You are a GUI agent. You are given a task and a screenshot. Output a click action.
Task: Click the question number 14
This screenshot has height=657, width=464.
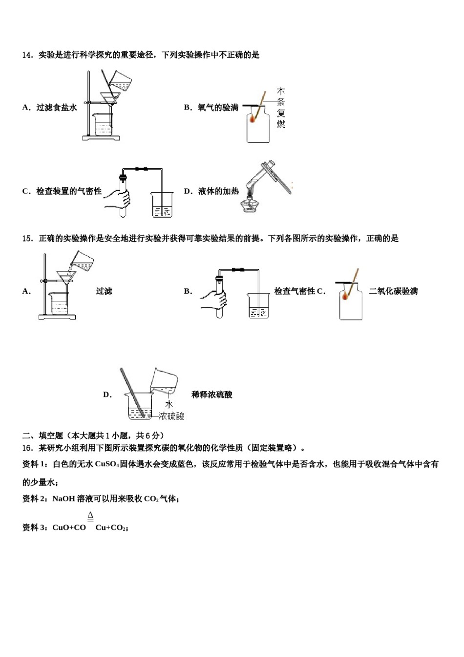[27, 55]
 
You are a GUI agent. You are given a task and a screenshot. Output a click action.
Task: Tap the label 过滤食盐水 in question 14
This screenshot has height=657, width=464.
[56, 108]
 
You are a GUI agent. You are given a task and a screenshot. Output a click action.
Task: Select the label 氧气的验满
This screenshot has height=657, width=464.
[218, 108]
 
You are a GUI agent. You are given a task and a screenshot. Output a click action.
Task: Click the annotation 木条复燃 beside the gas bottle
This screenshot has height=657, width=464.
[281, 108]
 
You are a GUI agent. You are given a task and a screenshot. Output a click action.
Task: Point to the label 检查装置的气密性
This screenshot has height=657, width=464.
[69, 191]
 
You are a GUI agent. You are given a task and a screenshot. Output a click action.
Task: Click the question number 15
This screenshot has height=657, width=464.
[27, 239]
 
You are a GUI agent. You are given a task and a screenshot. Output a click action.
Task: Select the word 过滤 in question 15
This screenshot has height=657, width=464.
[104, 291]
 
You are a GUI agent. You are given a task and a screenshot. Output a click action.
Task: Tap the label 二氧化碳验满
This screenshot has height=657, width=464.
[393, 291]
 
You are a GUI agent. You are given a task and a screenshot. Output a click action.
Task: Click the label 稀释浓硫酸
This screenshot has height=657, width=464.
[212, 394]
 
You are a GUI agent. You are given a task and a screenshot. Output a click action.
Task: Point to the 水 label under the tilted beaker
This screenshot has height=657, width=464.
[169, 404]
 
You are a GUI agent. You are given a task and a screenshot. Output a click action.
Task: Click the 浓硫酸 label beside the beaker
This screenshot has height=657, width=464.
[172, 416]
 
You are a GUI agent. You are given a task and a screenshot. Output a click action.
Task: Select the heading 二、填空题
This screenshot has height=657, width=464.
[43, 436]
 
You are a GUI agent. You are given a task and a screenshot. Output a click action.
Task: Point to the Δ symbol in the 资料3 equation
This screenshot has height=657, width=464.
[90, 516]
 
